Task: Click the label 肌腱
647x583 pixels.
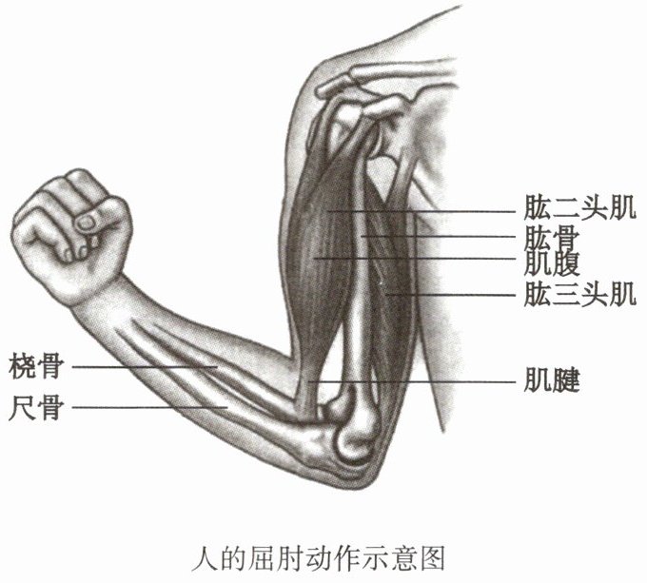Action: (x=552, y=382)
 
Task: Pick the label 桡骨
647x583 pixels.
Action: (x=35, y=364)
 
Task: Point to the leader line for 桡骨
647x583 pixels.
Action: (x=143, y=365)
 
